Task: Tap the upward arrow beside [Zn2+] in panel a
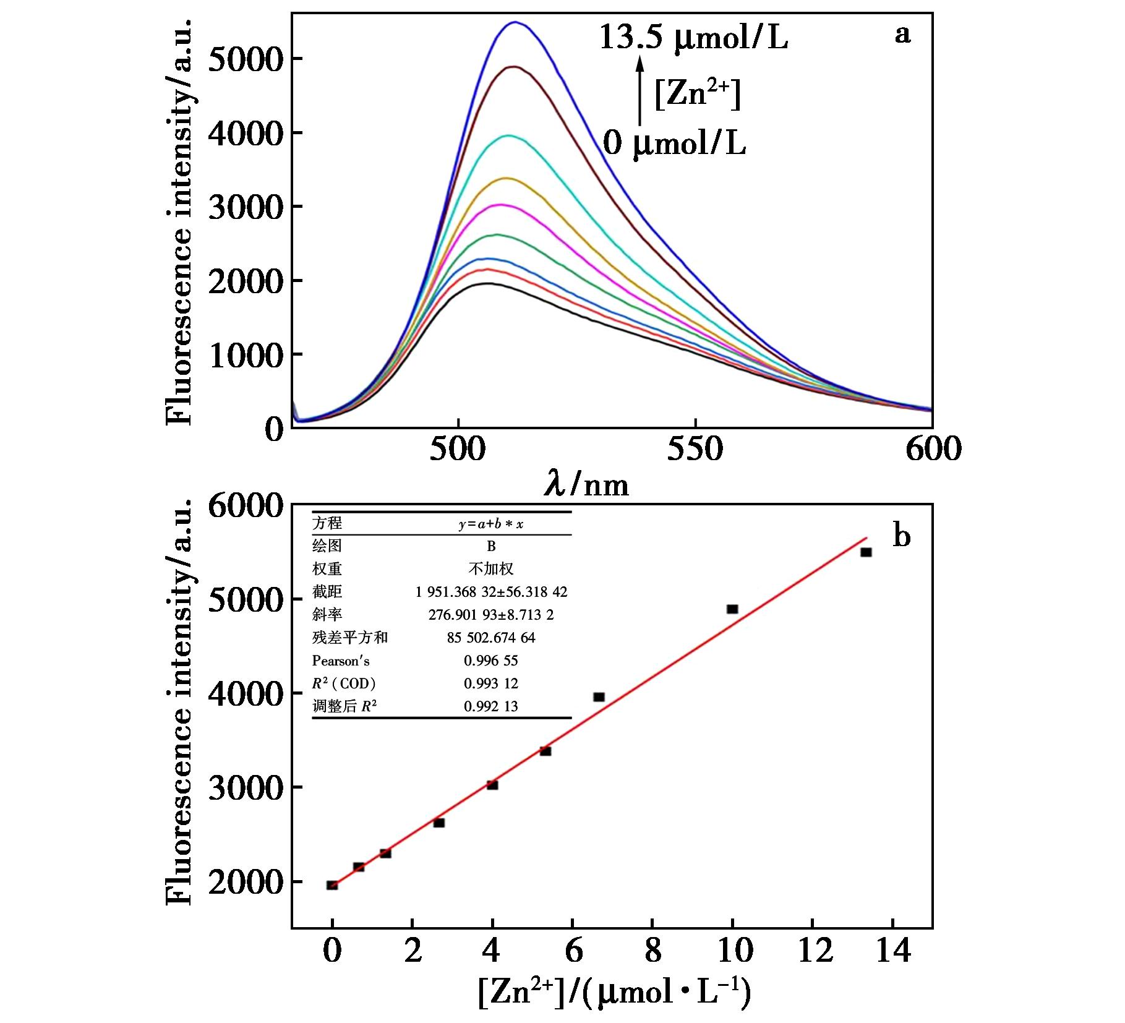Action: pos(640,90)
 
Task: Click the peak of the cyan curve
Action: pos(508,135)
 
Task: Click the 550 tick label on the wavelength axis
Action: pos(695,450)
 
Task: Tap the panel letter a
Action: pos(902,35)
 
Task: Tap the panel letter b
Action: pos(902,536)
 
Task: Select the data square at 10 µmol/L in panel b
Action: pos(732,609)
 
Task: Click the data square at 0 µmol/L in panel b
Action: pos(332,885)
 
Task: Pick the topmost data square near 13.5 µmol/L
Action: pos(866,552)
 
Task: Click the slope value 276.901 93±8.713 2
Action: pos(491,615)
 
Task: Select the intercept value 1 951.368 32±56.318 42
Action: pos(491,592)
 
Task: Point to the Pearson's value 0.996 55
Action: pos(491,661)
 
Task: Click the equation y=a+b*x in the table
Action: pos(491,524)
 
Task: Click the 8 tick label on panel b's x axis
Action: pos(652,950)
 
